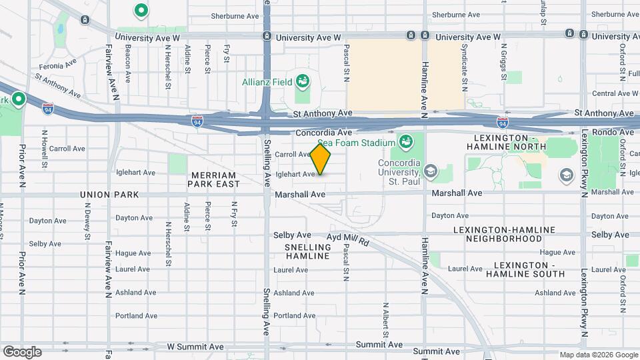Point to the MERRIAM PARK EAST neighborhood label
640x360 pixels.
click(x=215, y=179)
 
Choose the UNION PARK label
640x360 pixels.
click(x=109, y=195)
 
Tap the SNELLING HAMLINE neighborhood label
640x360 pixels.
click(x=307, y=251)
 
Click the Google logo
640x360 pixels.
click(x=22, y=352)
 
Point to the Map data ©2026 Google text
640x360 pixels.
click(x=598, y=355)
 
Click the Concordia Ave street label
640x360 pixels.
click(x=323, y=133)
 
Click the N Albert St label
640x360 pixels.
click(x=385, y=319)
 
